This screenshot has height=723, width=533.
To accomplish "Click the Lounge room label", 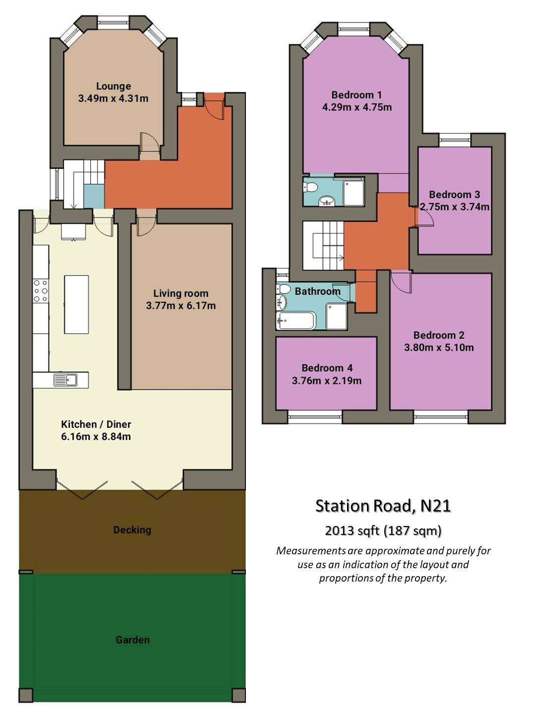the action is click(x=114, y=86).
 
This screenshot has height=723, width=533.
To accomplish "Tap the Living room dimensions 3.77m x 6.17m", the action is click(x=181, y=306).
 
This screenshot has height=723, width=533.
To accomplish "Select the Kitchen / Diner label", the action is click(x=96, y=424).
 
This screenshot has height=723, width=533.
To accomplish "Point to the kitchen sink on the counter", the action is click(x=65, y=380).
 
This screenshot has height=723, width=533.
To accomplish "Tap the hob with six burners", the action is click(x=41, y=291).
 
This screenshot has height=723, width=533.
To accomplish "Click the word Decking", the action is click(x=132, y=529).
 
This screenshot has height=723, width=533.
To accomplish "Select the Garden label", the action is click(x=132, y=640).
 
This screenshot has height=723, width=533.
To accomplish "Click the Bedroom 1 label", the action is click(x=356, y=95).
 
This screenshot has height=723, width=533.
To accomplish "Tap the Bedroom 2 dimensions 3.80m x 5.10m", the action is click(x=439, y=347).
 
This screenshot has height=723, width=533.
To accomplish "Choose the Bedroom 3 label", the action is click(x=455, y=195).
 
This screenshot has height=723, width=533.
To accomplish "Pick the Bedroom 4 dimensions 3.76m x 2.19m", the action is click(x=327, y=381).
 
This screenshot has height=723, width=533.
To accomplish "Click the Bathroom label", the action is click(x=318, y=291).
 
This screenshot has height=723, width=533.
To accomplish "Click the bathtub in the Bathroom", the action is click(x=296, y=321).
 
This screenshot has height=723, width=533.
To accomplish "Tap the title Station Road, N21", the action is click(x=383, y=506).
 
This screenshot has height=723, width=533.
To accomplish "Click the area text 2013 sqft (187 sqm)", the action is click(x=383, y=530).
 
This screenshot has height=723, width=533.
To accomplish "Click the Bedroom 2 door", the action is click(x=401, y=282).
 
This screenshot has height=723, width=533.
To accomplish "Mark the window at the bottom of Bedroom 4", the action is click(x=315, y=417).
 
